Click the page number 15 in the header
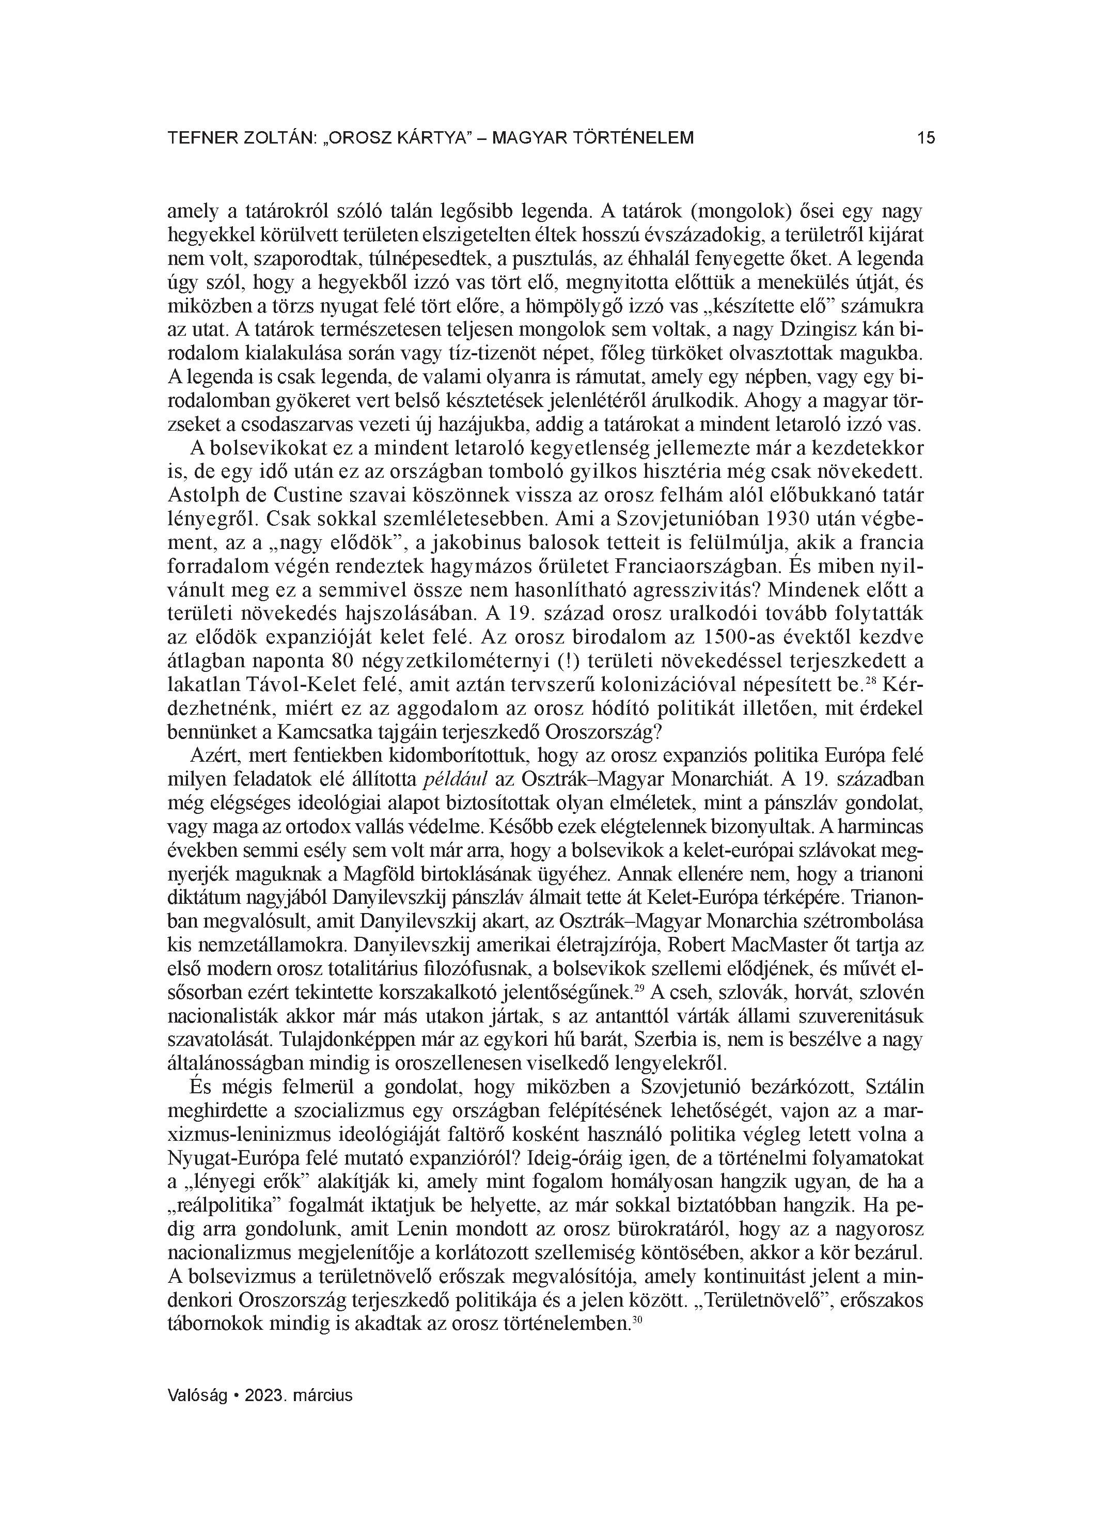pyautogui.click(x=925, y=138)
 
